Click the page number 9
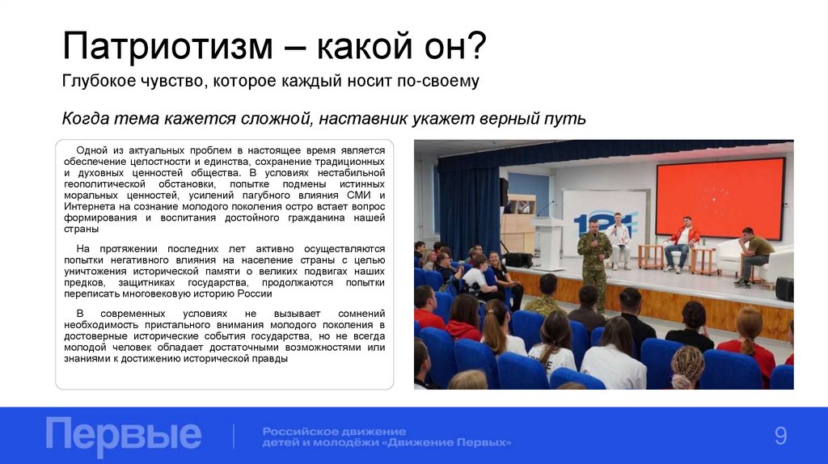(x=780, y=437)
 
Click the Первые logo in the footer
(x=124, y=435)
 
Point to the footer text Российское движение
(x=334, y=431)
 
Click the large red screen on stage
(x=720, y=198)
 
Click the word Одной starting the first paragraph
(x=92, y=150)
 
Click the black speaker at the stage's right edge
(x=784, y=289)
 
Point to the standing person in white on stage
(x=619, y=239)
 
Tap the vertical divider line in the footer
(x=234, y=436)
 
